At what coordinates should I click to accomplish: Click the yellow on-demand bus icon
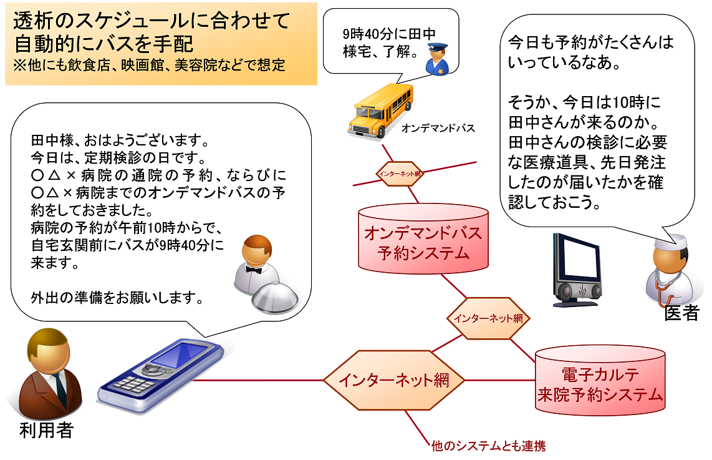pyautogui.click(x=380, y=110)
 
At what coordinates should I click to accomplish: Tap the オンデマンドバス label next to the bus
pyautogui.click(x=438, y=129)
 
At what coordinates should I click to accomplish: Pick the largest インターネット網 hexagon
pyautogui.click(x=394, y=379)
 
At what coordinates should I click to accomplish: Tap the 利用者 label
pyautogui.click(x=46, y=431)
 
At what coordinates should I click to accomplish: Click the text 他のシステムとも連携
pyautogui.click(x=488, y=446)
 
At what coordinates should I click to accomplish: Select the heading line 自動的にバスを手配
pyautogui.click(x=103, y=44)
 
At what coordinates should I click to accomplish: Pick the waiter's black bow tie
pyautogui.click(x=252, y=270)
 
